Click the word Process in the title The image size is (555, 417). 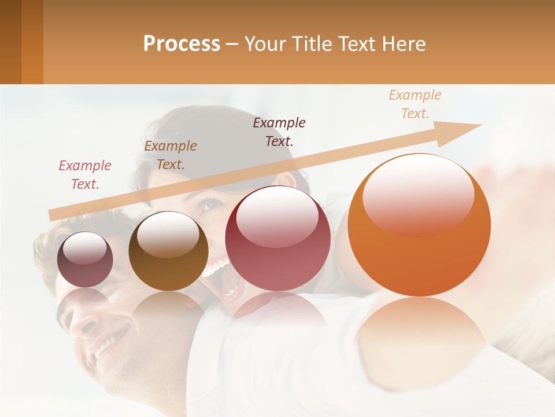(x=182, y=43)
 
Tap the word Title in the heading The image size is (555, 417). (x=310, y=43)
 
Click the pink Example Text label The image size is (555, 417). (x=85, y=175)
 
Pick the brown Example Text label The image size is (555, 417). (x=170, y=155)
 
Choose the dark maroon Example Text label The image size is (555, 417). (x=279, y=131)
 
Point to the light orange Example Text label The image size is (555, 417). (x=415, y=104)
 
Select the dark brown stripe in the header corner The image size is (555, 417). (x=10, y=42)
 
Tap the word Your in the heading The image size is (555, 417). (x=266, y=43)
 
